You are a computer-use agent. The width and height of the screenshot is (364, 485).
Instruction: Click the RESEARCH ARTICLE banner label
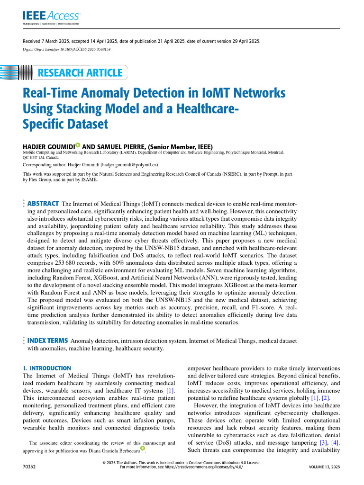pos(80,73)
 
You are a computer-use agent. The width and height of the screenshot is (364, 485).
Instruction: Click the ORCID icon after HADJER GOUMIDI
pos(78,146)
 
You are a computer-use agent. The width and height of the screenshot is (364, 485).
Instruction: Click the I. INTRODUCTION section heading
pos(47,368)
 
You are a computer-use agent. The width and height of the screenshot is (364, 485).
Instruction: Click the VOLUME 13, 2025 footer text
pos(324,467)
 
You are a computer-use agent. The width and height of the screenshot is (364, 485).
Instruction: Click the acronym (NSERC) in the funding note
pos(219,174)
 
